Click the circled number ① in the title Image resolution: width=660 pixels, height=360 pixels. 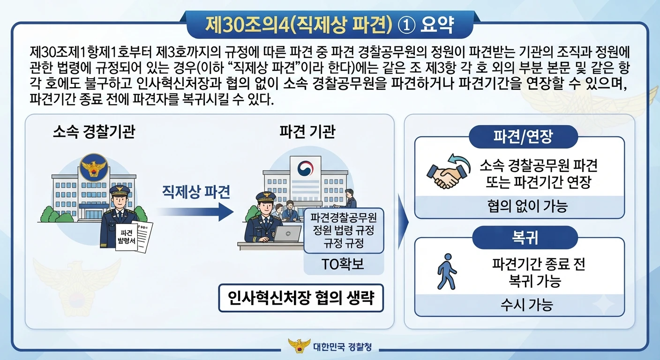[406, 25]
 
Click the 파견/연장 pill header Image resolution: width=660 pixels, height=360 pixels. [523, 137]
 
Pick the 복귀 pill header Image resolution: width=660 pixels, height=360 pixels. [525, 238]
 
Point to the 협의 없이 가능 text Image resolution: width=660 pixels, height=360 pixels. [527, 206]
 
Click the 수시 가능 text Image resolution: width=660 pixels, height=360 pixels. [527, 305]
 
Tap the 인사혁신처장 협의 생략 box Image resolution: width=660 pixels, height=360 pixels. [301, 298]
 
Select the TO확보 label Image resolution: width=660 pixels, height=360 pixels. [343, 264]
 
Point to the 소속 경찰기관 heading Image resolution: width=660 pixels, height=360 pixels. [94, 131]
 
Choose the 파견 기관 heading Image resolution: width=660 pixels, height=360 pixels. [307, 131]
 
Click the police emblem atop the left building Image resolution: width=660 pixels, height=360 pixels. [94, 167]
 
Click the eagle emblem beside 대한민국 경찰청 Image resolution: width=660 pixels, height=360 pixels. [300, 345]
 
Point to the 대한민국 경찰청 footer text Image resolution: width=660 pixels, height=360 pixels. [342, 347]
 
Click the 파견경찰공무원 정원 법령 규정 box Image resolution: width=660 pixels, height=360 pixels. [344, 230]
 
